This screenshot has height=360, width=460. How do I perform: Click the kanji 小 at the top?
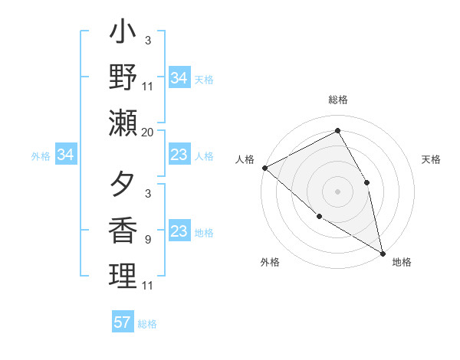tap(123, 34)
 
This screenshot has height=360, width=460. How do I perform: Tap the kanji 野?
tap(123, 78)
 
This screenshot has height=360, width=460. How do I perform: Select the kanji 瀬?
tap(123, 123)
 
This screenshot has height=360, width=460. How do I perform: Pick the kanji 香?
tap(123, 231)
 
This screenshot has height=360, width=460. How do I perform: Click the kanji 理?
tap(123, 276)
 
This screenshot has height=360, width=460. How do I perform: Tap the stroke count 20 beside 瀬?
tap(148, 133)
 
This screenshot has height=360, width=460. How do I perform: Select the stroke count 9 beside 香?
tap(147, 240)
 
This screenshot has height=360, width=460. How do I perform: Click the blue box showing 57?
tap(123, 322)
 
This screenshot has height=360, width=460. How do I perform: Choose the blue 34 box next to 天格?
tap(179, 78)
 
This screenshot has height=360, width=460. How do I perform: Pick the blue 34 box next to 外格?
tap(66, 155)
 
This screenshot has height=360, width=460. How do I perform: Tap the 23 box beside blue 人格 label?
tap(179, 155)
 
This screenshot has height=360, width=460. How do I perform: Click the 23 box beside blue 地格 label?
tap(179, 232)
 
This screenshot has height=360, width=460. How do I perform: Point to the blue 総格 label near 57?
tap(147, 324)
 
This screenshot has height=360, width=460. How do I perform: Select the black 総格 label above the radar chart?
tap(338, 100)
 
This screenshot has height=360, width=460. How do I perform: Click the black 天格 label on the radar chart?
tap(432, 159)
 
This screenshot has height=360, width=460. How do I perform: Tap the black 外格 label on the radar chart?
tap(269, 262)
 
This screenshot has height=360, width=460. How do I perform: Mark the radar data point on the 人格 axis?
tap(264, 167)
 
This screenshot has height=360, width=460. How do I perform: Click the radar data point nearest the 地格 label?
tap(382, 252)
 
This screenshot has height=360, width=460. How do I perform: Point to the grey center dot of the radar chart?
tap(337, 191)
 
